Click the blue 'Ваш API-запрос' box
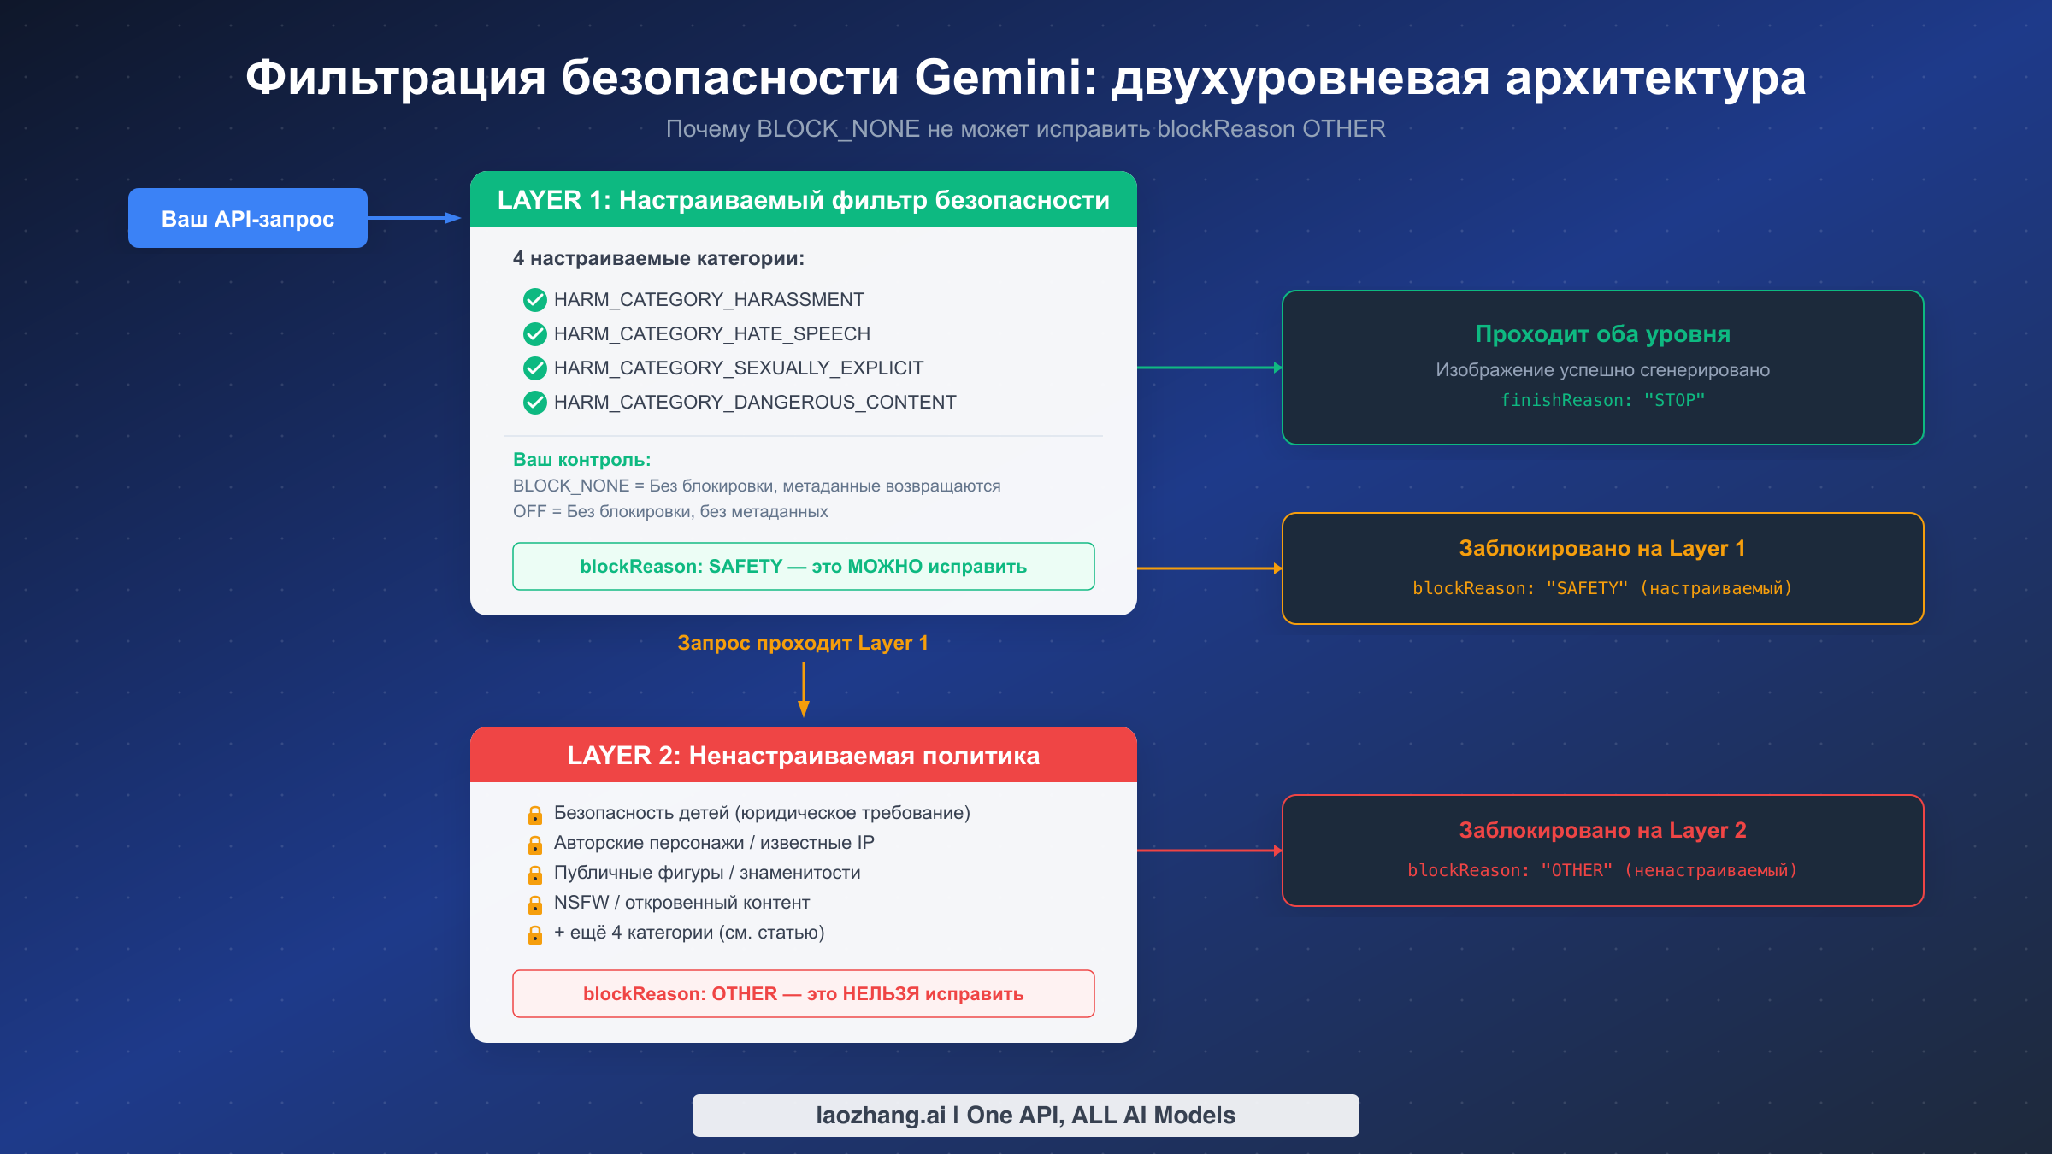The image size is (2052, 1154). point(248,218)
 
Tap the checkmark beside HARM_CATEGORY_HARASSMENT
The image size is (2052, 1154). point(535,300)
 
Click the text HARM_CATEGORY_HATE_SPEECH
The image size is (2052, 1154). point(711,333)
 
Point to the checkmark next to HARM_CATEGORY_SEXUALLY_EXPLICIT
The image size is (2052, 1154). point(535,368)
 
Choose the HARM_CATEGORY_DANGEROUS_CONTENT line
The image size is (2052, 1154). point(754,402)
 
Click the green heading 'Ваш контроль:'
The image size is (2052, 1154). point(581,460)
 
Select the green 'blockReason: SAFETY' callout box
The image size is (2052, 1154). point(803,566)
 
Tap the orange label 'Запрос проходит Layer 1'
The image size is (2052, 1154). point(803,643)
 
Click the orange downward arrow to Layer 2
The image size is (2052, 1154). point(803,691)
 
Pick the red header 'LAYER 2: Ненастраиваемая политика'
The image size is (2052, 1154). point(803,756)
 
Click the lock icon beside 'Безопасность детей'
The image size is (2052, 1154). point(535,815)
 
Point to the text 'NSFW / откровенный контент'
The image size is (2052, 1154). point(681,903)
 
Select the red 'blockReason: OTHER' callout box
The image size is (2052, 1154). point(803,993)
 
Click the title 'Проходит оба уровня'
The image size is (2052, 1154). point(1602,334)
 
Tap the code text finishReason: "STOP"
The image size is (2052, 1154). point(1602,400)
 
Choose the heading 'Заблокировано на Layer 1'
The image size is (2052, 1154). point(1602,548)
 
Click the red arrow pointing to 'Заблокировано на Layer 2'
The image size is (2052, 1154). point(1209,851)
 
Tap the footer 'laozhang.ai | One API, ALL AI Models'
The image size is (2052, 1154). point(1025,1115)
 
